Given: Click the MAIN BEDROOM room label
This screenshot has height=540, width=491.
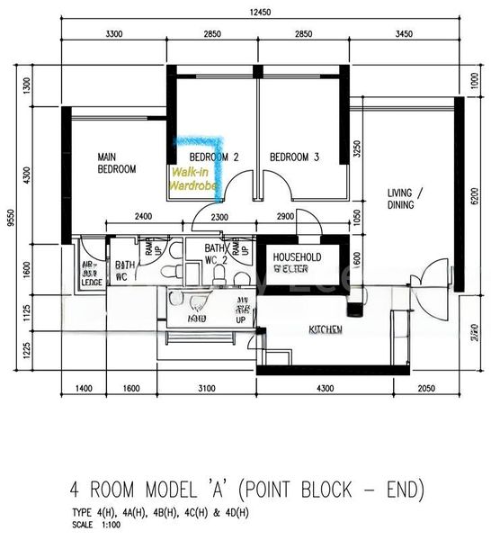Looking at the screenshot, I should [117, 162].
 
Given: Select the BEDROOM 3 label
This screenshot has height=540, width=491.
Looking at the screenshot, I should [295, 157].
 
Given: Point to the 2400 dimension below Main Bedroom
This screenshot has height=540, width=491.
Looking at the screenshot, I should [144, 217].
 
